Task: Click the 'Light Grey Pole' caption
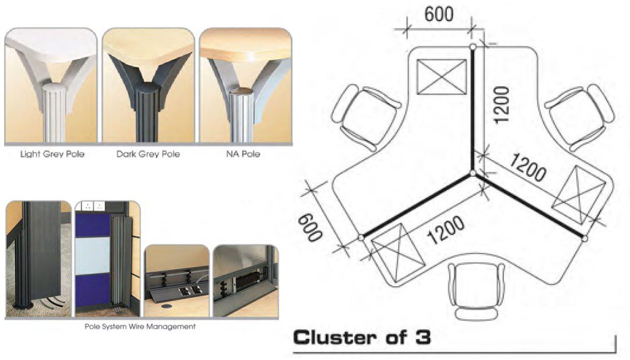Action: (52, 154)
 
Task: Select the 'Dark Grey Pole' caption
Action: (148, 154)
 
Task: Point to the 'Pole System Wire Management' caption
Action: (141, 327)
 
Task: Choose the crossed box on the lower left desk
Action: (399, 251)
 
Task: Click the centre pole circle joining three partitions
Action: (473, 173)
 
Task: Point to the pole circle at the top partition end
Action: (473, 46)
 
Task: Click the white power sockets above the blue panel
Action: (93, 205)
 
